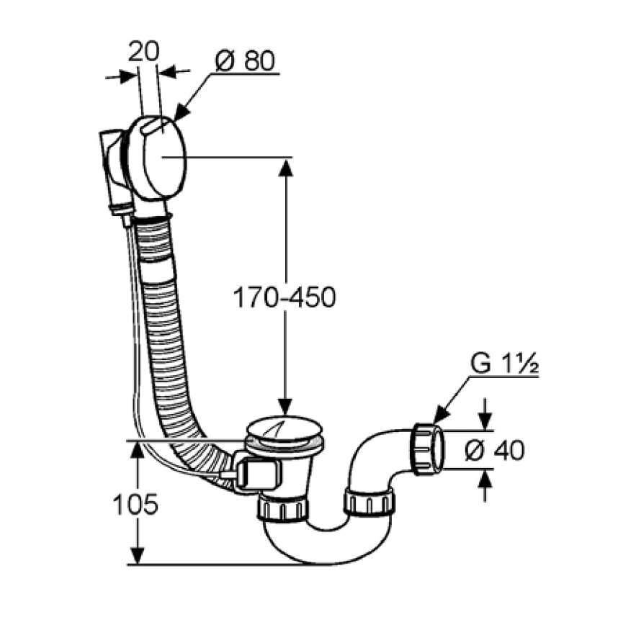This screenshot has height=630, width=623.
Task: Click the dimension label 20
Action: point(143,52)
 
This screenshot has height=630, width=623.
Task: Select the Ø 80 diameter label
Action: point(245,61)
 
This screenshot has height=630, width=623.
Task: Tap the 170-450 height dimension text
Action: point(284,298)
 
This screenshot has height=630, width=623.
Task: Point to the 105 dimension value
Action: point(135,504)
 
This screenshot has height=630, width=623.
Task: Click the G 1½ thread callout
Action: point(504,364)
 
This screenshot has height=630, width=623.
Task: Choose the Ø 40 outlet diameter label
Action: point(494,451)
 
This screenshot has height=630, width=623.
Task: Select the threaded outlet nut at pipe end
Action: point(427,448)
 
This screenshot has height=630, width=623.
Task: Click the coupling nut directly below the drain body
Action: point(283,508)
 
